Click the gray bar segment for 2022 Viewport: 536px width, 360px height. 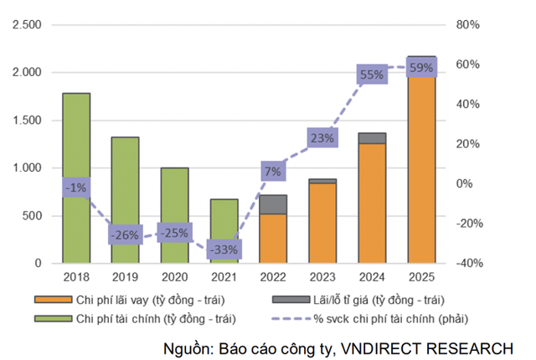pyautogui.click(x=273, y=204)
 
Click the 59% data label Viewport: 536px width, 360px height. pyautogui.click(x=420, y=68)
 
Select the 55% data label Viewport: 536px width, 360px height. pyautogui.click(x=371, y=75)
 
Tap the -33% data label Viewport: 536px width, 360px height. pyautogui.click(x=224, y=249)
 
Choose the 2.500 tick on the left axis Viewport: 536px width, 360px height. pyautogui.click(x=27, y=25)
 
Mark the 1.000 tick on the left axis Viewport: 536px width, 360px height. pyautogui.click(x=27, y=168)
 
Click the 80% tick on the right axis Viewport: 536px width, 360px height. pyautogui.click(x=468, y=25)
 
